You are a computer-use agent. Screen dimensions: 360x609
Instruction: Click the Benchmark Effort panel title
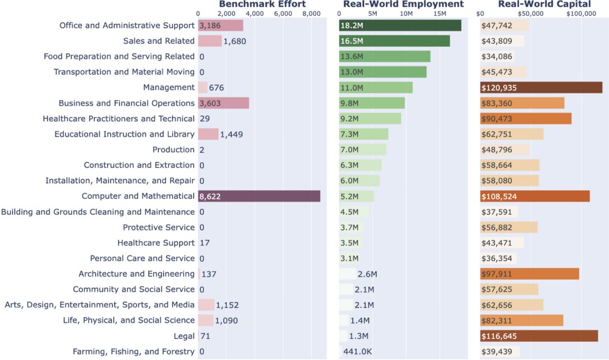pyautogui.click(x=262, y=4)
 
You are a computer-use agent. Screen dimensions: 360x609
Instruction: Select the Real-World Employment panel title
pyautogui.click(x=403, y=4)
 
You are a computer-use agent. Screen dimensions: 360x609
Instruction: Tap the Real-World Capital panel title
pyautogui.click(x=544, y=4)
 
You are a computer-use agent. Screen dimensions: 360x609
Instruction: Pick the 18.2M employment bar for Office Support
pyautogui.click(x=400, y=25)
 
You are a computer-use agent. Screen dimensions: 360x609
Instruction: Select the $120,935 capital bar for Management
pyautogui.click(x=541, y=88)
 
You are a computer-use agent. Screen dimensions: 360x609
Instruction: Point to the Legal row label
pyautogui.click(x=184, y=336)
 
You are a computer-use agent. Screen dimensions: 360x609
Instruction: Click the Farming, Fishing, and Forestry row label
pyautogui.click(x=133, y=351)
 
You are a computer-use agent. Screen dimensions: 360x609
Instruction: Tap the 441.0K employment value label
pyautogui.click(x=358, y=351)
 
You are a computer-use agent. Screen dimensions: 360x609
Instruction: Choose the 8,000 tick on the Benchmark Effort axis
pyautogui.click(x=311, y=14)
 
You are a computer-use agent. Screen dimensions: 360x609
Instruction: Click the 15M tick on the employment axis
pyautogui.click(x=439, y=14)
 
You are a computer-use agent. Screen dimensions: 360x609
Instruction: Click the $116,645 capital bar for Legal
pyautogui.click(x=539, y=336)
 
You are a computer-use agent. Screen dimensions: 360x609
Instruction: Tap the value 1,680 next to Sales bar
pyautogui.click(x=234, y=41)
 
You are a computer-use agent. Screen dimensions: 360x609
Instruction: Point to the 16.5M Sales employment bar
pyautogui.click(x=394, y=41)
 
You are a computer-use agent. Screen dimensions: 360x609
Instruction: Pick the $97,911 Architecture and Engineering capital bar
pyautogui.click(x=530, y=274)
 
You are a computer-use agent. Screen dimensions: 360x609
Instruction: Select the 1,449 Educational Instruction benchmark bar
pyautogui.click(x=208, y=134)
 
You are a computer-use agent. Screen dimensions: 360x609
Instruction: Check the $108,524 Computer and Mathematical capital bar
pyautogui.click(x=535, y=197)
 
